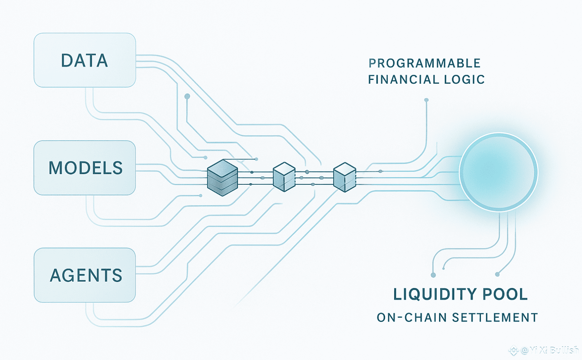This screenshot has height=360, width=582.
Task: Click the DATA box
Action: tap(84, 60)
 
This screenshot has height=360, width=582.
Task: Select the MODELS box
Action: tap(84, 168)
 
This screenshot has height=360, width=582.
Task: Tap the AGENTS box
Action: tap(84, 275)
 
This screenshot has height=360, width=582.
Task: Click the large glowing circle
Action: tap(498, 172)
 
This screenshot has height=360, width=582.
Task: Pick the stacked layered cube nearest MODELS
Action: tap(223, 178)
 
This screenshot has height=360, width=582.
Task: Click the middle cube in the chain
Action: tap(284, 177)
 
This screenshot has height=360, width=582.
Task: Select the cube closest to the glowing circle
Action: tap(345, 177)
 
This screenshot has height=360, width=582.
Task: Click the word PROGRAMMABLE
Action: tap(424, 63)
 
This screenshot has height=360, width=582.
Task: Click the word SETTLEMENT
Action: tap(495, 317)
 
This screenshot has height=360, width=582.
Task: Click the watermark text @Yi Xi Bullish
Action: tap(550, 350)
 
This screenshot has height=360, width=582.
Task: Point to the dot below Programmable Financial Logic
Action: tap(426, 100)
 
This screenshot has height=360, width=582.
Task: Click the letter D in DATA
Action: tap(67, 61)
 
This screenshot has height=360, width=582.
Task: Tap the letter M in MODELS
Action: tap(56, 168)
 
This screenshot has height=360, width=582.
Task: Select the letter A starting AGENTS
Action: tap(56, 276)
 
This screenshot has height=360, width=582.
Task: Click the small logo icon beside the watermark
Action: tap(513, 350)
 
